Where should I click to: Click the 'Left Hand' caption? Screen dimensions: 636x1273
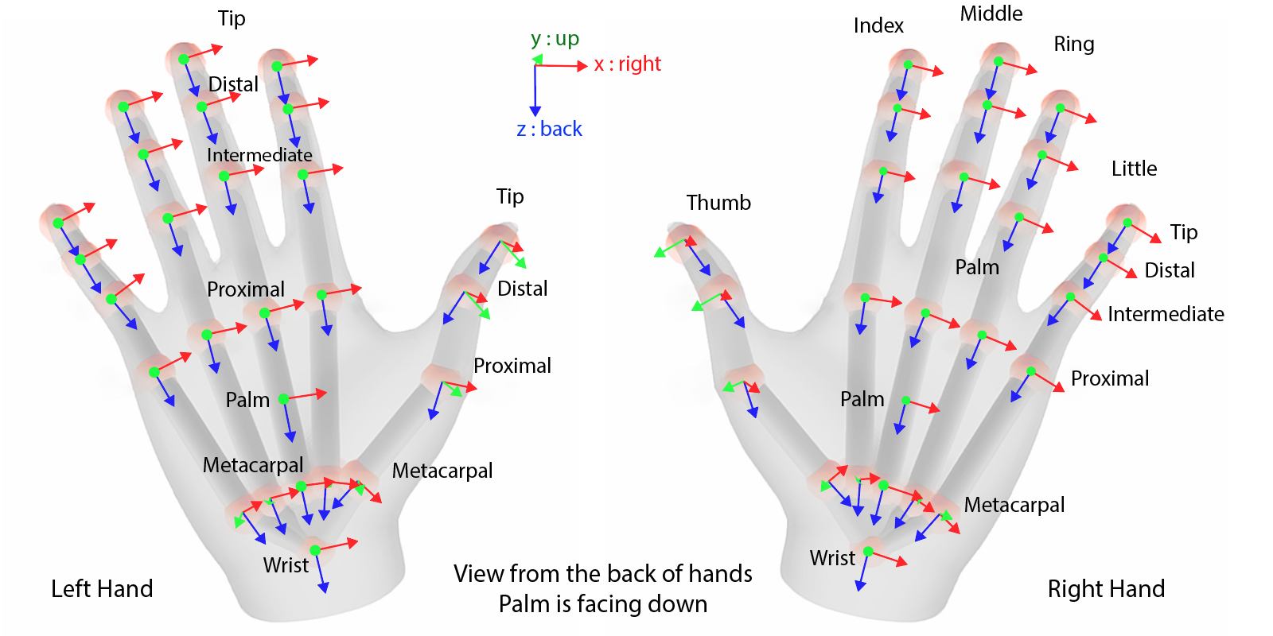(102, 589)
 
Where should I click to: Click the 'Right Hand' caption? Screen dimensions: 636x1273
(1106, 589)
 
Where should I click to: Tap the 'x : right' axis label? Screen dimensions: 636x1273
(627, 64)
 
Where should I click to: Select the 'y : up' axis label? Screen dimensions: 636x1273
(555, 39)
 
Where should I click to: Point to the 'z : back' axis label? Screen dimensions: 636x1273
(549, 130)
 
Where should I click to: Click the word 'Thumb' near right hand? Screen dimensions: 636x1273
(718, 203)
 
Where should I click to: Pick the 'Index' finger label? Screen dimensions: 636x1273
(878, 26)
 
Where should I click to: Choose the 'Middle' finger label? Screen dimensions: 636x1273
(991, 14)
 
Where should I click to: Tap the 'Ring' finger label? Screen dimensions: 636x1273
(1074, 45)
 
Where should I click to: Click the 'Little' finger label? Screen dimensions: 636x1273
(1134, 169)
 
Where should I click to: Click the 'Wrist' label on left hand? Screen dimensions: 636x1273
(286, 565)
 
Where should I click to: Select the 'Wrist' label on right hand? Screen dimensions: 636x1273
(832, 558)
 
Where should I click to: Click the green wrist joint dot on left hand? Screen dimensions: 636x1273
(315, 550)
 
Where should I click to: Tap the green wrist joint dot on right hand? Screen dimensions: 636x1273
(868, 551)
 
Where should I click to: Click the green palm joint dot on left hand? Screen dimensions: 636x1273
(283, 399)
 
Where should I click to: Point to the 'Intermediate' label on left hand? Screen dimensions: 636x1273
(259, 155)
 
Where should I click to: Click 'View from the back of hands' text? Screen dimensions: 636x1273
(602, 573)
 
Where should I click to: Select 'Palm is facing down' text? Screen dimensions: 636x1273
(602, 604)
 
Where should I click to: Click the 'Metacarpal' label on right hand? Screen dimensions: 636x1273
(1014, 505)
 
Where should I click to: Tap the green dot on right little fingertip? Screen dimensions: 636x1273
(1127, 223)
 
